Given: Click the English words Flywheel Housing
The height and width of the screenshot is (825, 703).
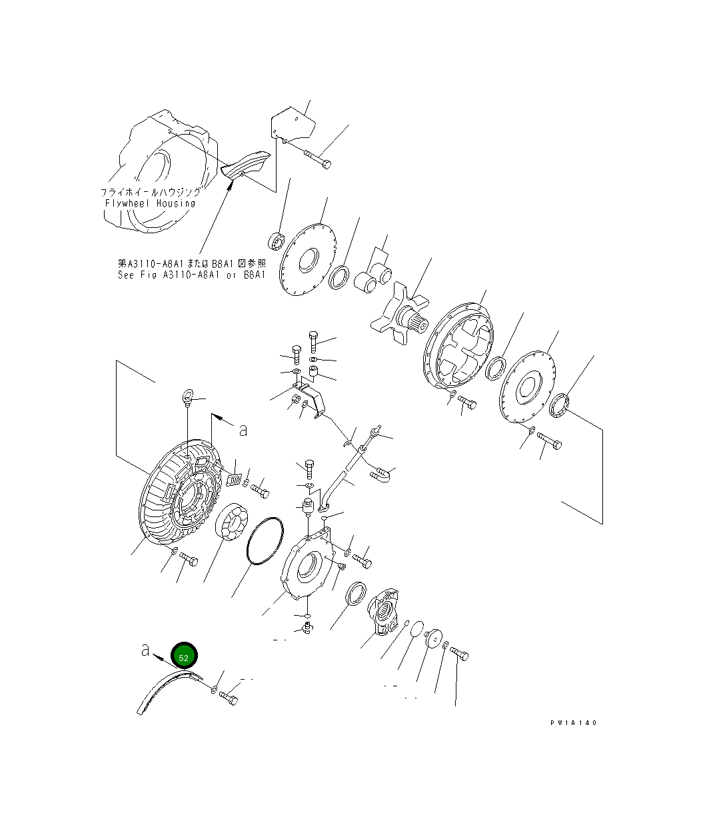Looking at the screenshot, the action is point(150,203).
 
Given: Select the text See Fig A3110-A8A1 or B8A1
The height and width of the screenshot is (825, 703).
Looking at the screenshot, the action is point(191,275).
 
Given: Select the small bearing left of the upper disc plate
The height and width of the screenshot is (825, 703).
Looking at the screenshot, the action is point(275,241).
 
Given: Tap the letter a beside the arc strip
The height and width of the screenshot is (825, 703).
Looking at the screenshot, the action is point(145,650).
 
